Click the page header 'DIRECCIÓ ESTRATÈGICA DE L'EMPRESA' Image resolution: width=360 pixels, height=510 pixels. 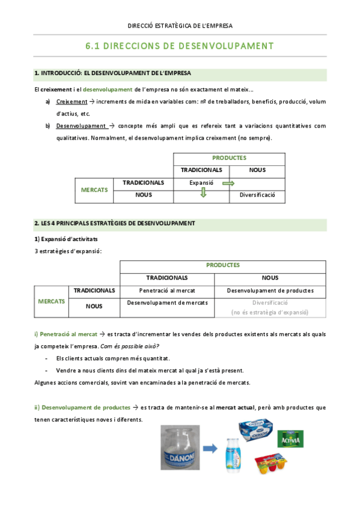click(180, 26)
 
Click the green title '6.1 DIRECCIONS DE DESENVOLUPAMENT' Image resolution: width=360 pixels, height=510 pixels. click(180, 46)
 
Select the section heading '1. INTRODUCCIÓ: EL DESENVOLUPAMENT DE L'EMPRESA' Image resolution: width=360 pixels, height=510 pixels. click(113, 73)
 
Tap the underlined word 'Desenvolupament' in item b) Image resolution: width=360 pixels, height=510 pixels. click(81, 126)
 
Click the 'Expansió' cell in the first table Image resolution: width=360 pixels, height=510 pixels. click(201, 182)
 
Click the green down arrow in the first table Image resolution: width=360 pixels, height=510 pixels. click(203, 194)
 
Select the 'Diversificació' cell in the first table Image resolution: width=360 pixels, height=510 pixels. click(257, 195)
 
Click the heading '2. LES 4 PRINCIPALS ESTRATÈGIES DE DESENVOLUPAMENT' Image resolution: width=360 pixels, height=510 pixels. click(114, 223)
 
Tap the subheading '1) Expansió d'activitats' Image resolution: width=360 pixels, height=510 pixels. click(66, 239)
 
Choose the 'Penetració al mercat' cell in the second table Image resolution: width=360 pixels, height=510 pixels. click(167, 290)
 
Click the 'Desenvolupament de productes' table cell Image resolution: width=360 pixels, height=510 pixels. click(270, 290)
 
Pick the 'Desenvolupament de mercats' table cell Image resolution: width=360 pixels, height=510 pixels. click(167, 303)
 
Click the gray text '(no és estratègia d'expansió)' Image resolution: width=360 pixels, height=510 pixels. click(270, 313)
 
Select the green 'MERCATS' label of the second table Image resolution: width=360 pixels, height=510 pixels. click(51, 301)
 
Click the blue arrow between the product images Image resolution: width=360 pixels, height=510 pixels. click(210, 447)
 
